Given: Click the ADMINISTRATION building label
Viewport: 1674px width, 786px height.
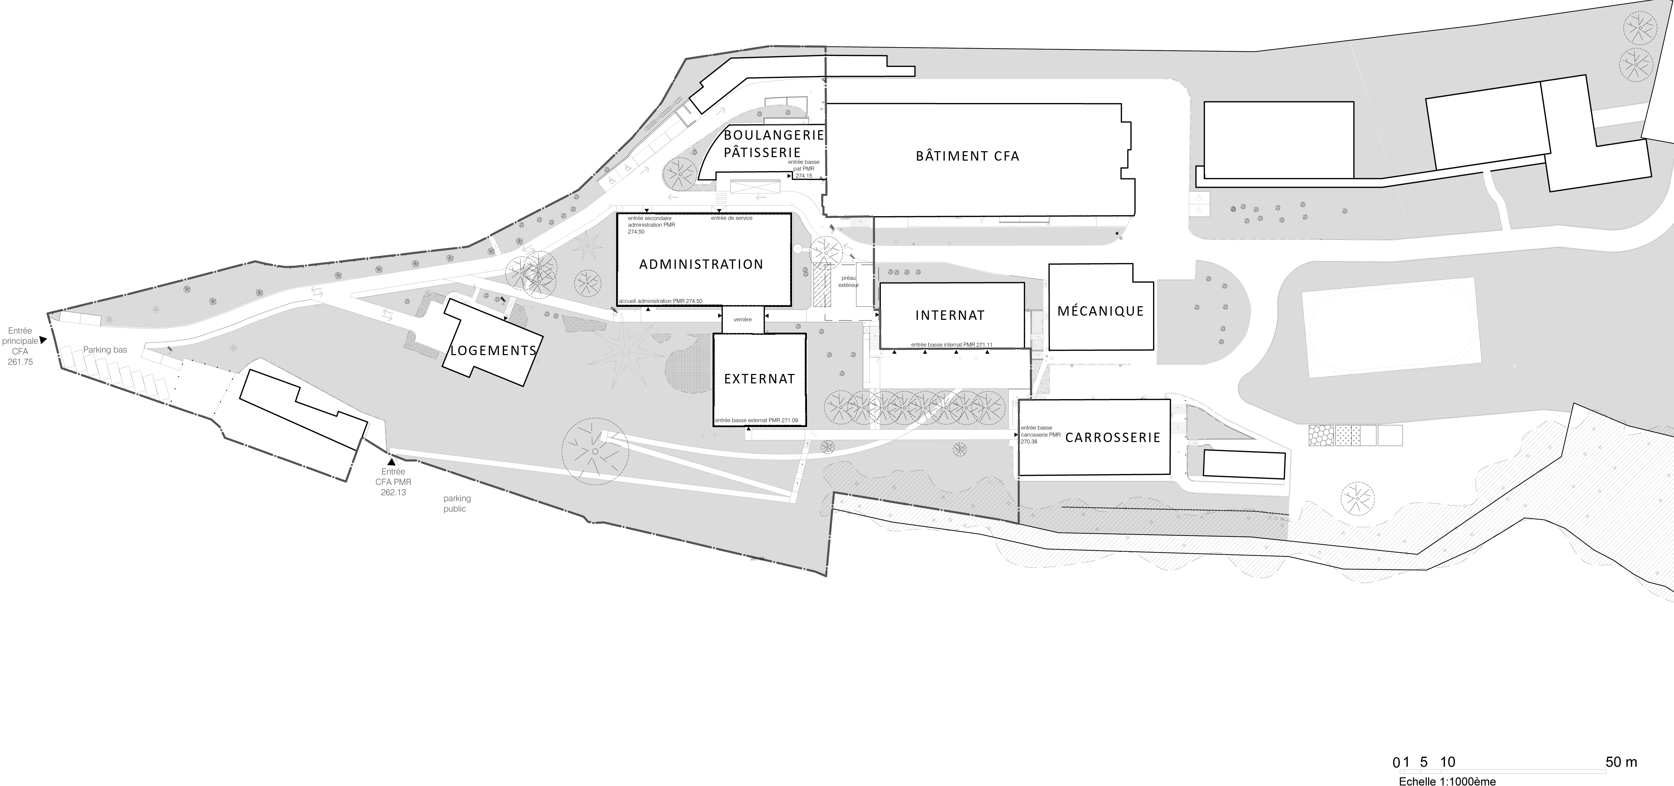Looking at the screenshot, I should click(x=701, y=264).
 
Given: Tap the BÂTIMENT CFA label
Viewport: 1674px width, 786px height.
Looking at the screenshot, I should click(x=967, y=156).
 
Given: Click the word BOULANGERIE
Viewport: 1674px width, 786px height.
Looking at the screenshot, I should click(x=774, y=135).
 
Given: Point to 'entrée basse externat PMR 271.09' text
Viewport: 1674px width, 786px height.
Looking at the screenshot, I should click(x=756, y=421).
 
